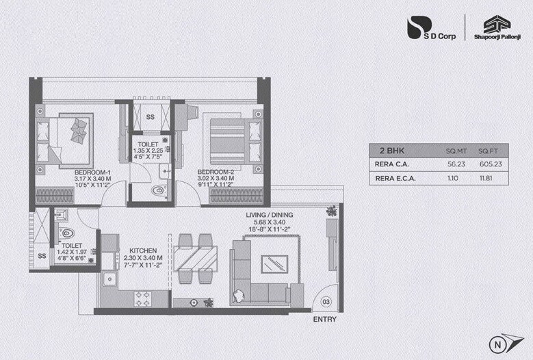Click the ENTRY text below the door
pyautogui.click(x=324, y=320)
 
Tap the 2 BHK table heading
pyautogui.click(x=388, y=150)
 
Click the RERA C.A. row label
pyautogui.click(x=392, y=164)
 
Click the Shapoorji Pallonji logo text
pyautogui.click(x=492, y=38)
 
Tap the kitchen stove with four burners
pyautogui.click(x=143, y=298)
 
